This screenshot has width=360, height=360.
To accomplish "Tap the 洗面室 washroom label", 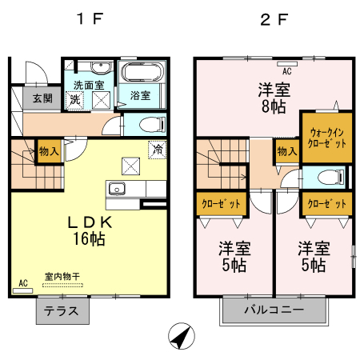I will (90, 84).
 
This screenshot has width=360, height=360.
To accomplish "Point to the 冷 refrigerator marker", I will (158, 148).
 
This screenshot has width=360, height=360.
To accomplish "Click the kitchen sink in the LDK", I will (117, 189).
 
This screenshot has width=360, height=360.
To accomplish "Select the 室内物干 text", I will (62, 276).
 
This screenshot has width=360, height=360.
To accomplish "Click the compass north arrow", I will (181, 336).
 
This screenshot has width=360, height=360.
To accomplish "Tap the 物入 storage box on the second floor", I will (285, 151).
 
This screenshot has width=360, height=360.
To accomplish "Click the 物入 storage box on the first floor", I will (49, 151).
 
